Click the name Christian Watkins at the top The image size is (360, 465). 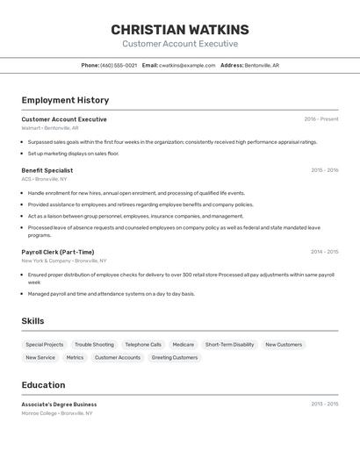tap(180, 29)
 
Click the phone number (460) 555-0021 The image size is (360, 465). tap(119, 65)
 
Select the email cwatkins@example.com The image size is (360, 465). tap(186, 65)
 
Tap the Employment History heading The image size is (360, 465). tap(65, 100)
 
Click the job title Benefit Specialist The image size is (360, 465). tap(47, 170)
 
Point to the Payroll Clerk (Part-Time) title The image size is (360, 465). tap(58, 252)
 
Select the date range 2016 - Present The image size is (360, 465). tap(321, 119)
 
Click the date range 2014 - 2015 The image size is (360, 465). tap(324, 252)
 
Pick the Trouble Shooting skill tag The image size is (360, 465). tap(94, 345)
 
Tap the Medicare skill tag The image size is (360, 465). tap(183, 345)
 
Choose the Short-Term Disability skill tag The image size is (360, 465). tap(229, 345)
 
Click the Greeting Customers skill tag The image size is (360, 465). tap(175, 358)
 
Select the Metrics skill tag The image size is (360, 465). tap(75, 358)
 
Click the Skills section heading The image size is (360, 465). tap(32, 321)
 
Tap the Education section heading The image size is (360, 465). tap(43, 385)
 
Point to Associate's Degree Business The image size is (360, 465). tap(59, 404)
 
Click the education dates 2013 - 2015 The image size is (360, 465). tap(324, 404)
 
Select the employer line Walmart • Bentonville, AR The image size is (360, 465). tap(50, 128)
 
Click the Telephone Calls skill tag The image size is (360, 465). tap(143, 345)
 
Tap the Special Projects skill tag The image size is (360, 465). tap(45, 345)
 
